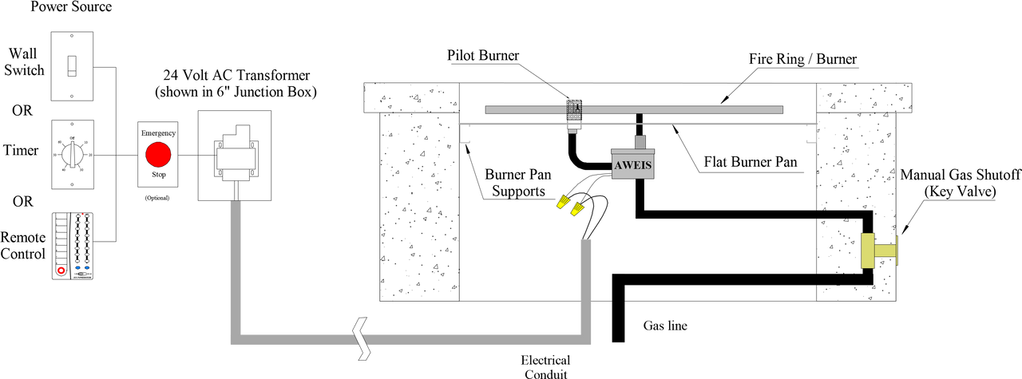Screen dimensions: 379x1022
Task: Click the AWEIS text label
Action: tap(632, 167)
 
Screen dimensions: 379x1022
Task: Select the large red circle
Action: tap(158, 154)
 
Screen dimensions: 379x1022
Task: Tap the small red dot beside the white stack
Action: tap(61, 270)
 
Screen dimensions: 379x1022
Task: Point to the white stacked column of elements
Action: tap(82, 240)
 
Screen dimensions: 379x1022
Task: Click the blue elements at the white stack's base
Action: tap(83, 268)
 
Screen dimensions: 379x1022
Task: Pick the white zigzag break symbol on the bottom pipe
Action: tap(362, 338)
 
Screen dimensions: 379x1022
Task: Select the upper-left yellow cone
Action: tap(563, 202)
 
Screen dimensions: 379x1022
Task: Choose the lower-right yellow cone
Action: tap(576, 210)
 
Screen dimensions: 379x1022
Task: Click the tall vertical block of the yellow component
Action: tap(867, 251)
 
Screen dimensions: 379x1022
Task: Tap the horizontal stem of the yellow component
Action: tap(885, 251)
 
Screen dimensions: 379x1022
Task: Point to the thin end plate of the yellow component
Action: tap(897, 251)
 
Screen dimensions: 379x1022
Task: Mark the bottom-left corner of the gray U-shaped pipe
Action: tap(236, 339)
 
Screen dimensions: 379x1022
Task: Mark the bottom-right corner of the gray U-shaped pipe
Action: tap(585, 339)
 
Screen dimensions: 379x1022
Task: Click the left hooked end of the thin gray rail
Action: tap(464, 134)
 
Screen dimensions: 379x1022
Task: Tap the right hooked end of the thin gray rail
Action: tap(814, 134)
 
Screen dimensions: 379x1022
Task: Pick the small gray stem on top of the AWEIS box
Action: tap(639, 140)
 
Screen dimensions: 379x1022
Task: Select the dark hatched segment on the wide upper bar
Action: tap(574, 109)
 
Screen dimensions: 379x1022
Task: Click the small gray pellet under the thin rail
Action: tap(572, 132)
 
